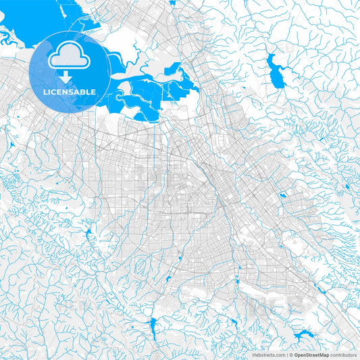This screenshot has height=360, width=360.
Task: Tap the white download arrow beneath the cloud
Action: point(66,77)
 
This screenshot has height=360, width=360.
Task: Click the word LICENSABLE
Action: point(70,92)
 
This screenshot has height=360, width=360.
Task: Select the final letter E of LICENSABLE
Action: point(94,92)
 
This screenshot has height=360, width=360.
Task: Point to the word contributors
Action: point(344,354)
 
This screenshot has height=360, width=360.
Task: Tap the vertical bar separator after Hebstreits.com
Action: point(286,354)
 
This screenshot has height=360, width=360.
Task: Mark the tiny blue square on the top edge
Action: point(172,3)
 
